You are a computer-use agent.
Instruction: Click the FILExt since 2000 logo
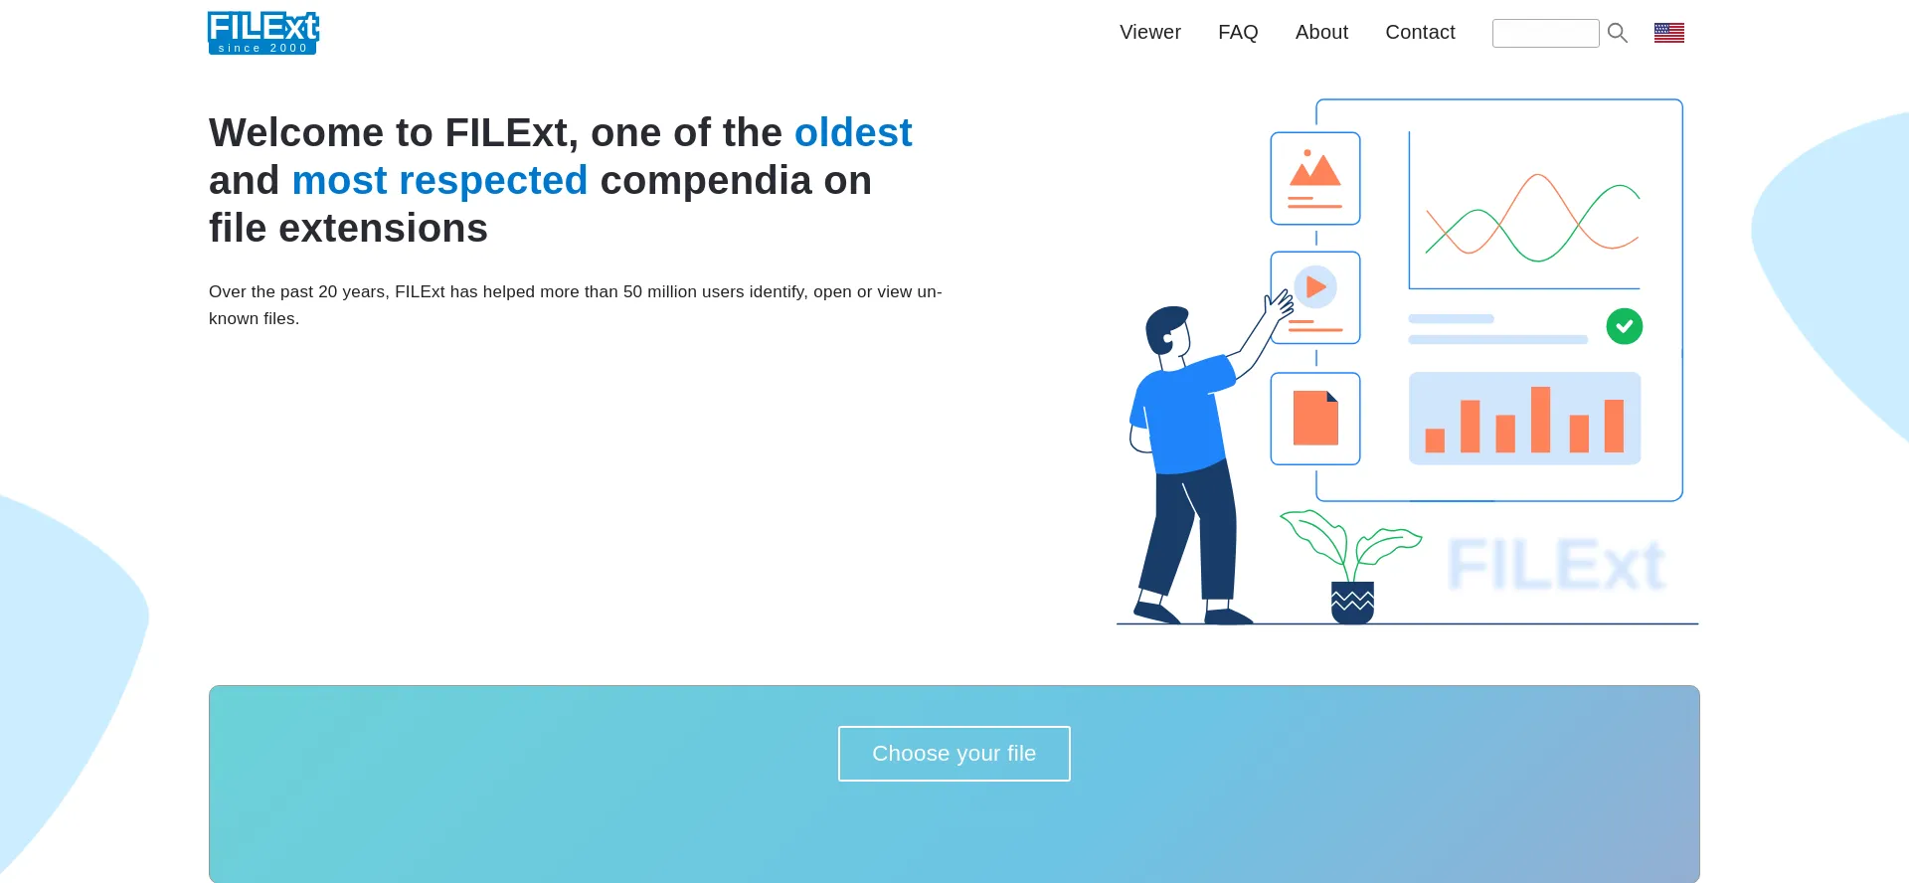click(x=263, y=32)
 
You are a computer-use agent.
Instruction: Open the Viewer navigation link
click(x=1150, y=32)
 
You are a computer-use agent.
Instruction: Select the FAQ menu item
click(x=1238, y=32)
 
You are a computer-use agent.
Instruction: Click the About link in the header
click(x=1321, y=32)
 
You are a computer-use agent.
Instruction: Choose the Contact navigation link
click(x=1420, y=32)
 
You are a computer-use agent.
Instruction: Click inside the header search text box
click(x=1545, y=33)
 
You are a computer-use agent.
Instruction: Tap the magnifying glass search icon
click(x=1618, y=33)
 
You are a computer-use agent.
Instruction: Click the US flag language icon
click(x=1669, y=33)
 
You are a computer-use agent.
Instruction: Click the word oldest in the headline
click(x=853, y=132)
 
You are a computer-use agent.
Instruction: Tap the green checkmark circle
click(x=1625, y=326)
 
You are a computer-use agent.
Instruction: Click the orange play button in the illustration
click(x=1315, y=287)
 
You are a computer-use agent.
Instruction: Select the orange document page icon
click(x=1315, y=418)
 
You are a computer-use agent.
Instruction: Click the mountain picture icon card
click(x=1315, y=178)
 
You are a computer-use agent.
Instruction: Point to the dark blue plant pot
click(x=1352, y=603)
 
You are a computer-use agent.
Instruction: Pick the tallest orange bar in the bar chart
click(x=1541, y=420)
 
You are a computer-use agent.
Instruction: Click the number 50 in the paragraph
click(x=632, y=292)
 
